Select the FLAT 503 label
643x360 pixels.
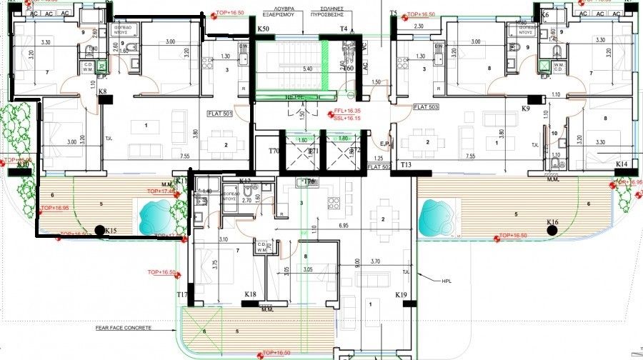click(425, 106)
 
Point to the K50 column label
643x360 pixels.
click(263, 29)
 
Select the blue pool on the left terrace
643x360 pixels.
click(151, 213)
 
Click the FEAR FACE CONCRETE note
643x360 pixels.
click(124, 328)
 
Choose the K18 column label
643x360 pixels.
click(250, 294)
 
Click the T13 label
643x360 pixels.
click(406, 165)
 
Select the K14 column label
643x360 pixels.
click(621, 164)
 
